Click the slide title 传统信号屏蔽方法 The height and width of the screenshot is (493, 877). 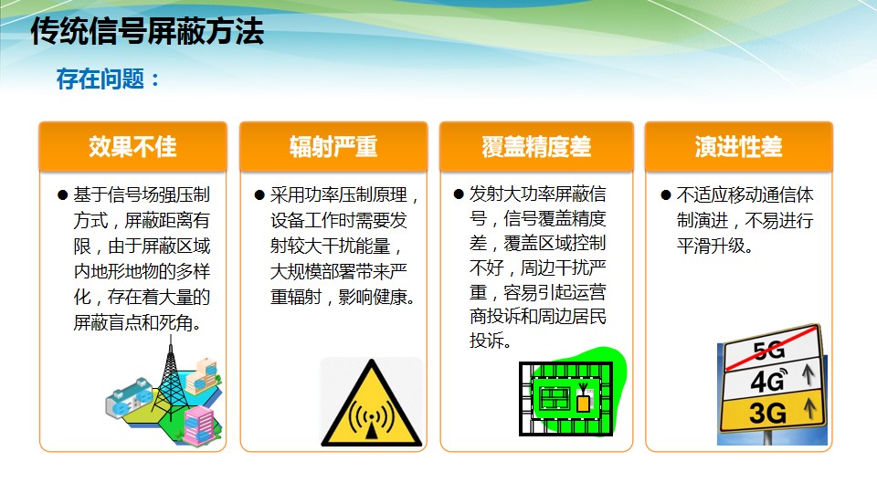[147, 31]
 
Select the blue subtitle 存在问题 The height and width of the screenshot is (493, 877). [100, 79]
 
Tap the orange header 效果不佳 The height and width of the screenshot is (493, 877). [132, 147]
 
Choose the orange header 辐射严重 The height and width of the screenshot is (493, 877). [333, 147]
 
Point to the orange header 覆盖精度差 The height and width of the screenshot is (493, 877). [536, 147]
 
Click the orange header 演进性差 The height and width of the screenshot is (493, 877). [738, 147]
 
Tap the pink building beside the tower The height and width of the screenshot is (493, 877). [199, 425]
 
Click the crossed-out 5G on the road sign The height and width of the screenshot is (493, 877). [769, 350]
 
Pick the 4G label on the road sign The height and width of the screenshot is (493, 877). [768, 381]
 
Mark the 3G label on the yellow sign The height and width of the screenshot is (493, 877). [767, 413]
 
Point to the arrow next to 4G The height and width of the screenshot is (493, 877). [808, 374]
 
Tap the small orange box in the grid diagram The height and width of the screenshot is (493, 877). [583, 404]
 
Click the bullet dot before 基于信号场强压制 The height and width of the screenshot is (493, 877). [63, 195]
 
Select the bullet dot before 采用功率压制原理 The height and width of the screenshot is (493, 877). [259, 195]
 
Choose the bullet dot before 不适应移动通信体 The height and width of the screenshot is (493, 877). [666, 195]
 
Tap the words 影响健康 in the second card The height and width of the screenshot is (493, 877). [373, 297]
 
